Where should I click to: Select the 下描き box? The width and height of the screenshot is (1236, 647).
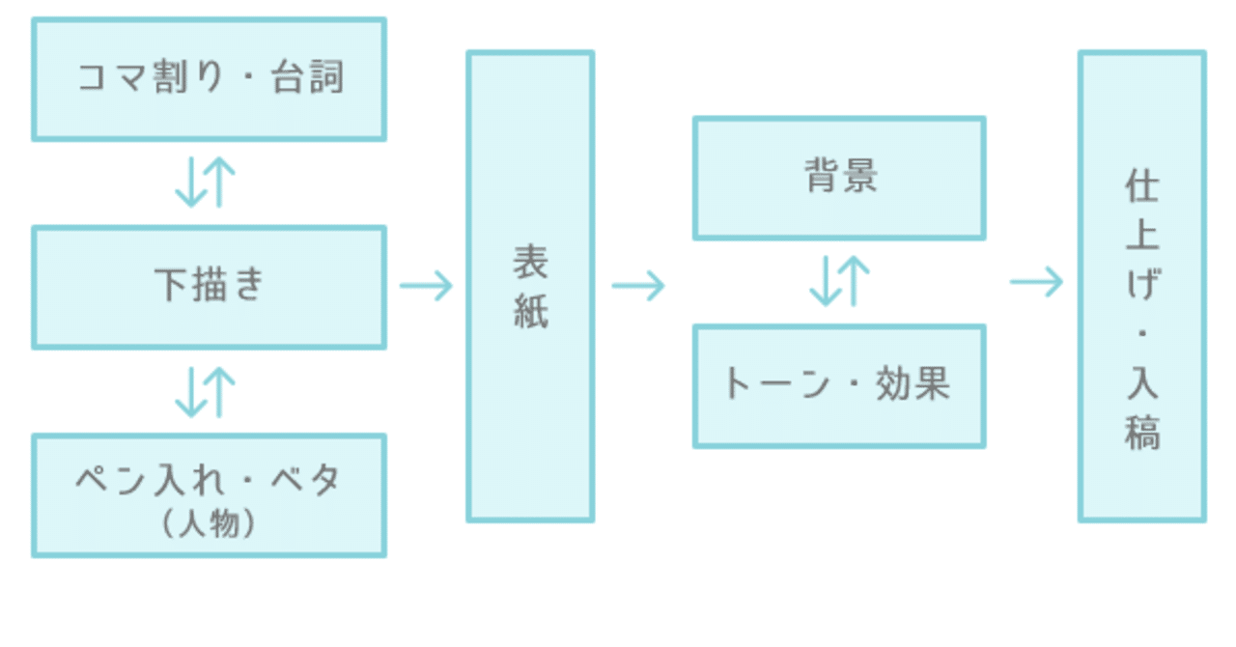(209, 288)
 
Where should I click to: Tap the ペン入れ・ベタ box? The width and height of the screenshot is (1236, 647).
(209, 494)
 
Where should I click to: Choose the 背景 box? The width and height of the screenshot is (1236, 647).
(839, 178)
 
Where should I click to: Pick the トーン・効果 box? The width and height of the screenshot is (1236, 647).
(839, 386)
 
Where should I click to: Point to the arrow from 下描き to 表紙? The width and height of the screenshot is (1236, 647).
(426, 286)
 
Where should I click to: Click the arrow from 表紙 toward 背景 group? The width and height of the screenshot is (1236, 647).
(638, 286)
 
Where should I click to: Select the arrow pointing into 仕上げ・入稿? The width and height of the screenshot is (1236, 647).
(1036, 283)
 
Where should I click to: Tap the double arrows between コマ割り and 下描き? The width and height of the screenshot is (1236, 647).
(206, 183)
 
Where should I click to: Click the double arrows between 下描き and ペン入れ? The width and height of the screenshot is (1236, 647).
(206, 391)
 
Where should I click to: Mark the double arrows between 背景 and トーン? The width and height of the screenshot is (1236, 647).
(840, 282)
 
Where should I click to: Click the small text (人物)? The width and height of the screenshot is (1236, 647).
(209, 523)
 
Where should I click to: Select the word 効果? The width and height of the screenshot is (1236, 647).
(912, 384)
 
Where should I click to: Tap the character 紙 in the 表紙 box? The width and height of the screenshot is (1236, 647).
(530, 312)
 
